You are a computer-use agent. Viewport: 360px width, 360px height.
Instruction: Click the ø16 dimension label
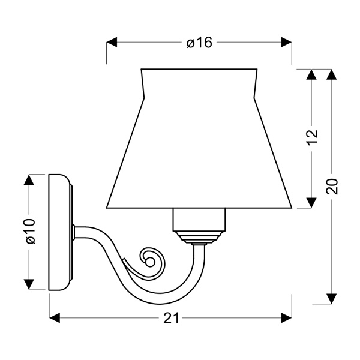199,43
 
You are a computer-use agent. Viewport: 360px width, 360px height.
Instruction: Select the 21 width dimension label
171,319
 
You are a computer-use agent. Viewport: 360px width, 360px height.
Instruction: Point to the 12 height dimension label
312,138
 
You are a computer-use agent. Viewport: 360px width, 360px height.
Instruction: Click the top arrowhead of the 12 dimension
312,74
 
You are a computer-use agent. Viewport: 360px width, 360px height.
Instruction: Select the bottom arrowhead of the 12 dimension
312,203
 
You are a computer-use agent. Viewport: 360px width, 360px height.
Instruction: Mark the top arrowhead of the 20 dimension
331,74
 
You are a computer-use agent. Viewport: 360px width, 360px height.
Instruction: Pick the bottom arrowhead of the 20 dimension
331,299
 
